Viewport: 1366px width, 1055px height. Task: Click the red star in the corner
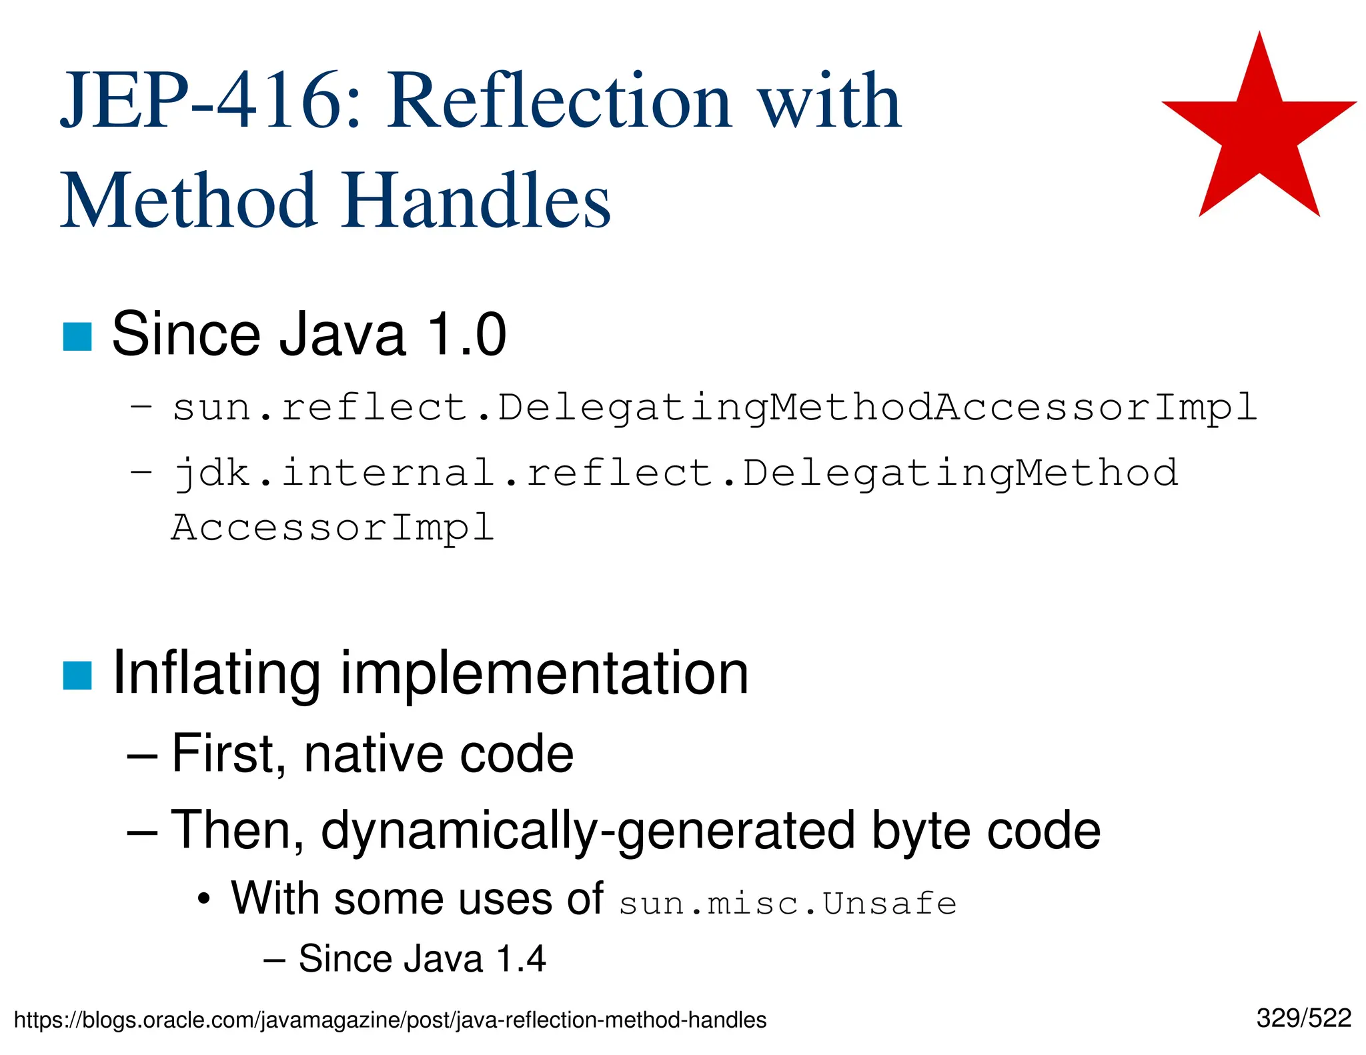pos(1259,133)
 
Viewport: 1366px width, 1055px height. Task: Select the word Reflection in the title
pos(560,101)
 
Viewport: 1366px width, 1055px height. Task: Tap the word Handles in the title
pos(477,200)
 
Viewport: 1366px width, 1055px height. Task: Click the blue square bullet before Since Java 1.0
pos(77,337)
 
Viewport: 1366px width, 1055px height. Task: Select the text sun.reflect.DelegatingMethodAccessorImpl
pos(714,407)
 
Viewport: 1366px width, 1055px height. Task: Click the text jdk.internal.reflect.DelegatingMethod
pos(676,473)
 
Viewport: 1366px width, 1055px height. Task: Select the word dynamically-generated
pos(588,831)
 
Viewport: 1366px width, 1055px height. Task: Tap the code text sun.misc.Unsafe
pos(788,904)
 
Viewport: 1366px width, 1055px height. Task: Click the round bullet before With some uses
pos(204,900)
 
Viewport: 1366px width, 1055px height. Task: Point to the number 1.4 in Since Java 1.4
pos(522,960)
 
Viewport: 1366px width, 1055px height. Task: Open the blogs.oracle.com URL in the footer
pos(390,1020)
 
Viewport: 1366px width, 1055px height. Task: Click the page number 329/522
pos(1303,1018)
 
